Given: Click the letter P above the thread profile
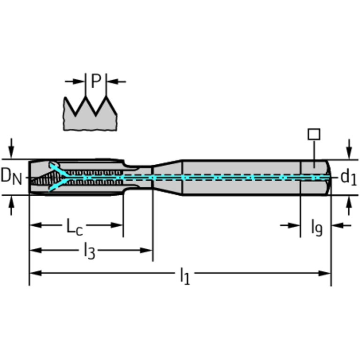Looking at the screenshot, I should pos(96,81).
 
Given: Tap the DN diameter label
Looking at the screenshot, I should pos(11,177).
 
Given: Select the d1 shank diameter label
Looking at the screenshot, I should pos(348,177).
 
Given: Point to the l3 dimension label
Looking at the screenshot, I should pos(89,252).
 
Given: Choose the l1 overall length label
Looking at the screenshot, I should pos(185,276).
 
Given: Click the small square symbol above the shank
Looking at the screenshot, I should pos(314,134).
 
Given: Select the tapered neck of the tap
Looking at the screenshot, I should pos(167,177).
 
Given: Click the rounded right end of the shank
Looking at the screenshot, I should pos(328,177).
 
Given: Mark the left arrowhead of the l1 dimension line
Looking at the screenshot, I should pos(34,273).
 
